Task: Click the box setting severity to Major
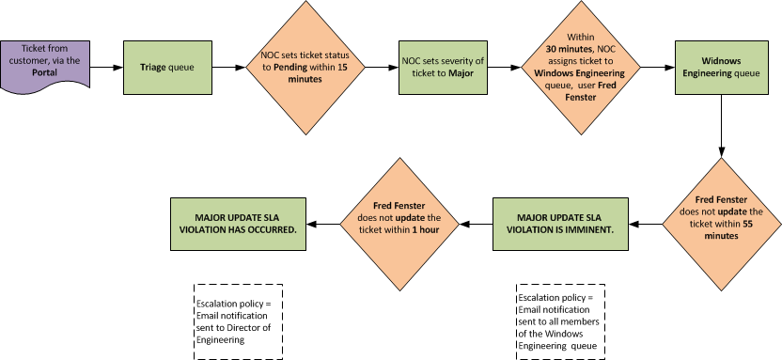(x=443, y=68)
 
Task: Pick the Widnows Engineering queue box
(x=721, y=68)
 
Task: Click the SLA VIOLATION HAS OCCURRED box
(x=241, y=224)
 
